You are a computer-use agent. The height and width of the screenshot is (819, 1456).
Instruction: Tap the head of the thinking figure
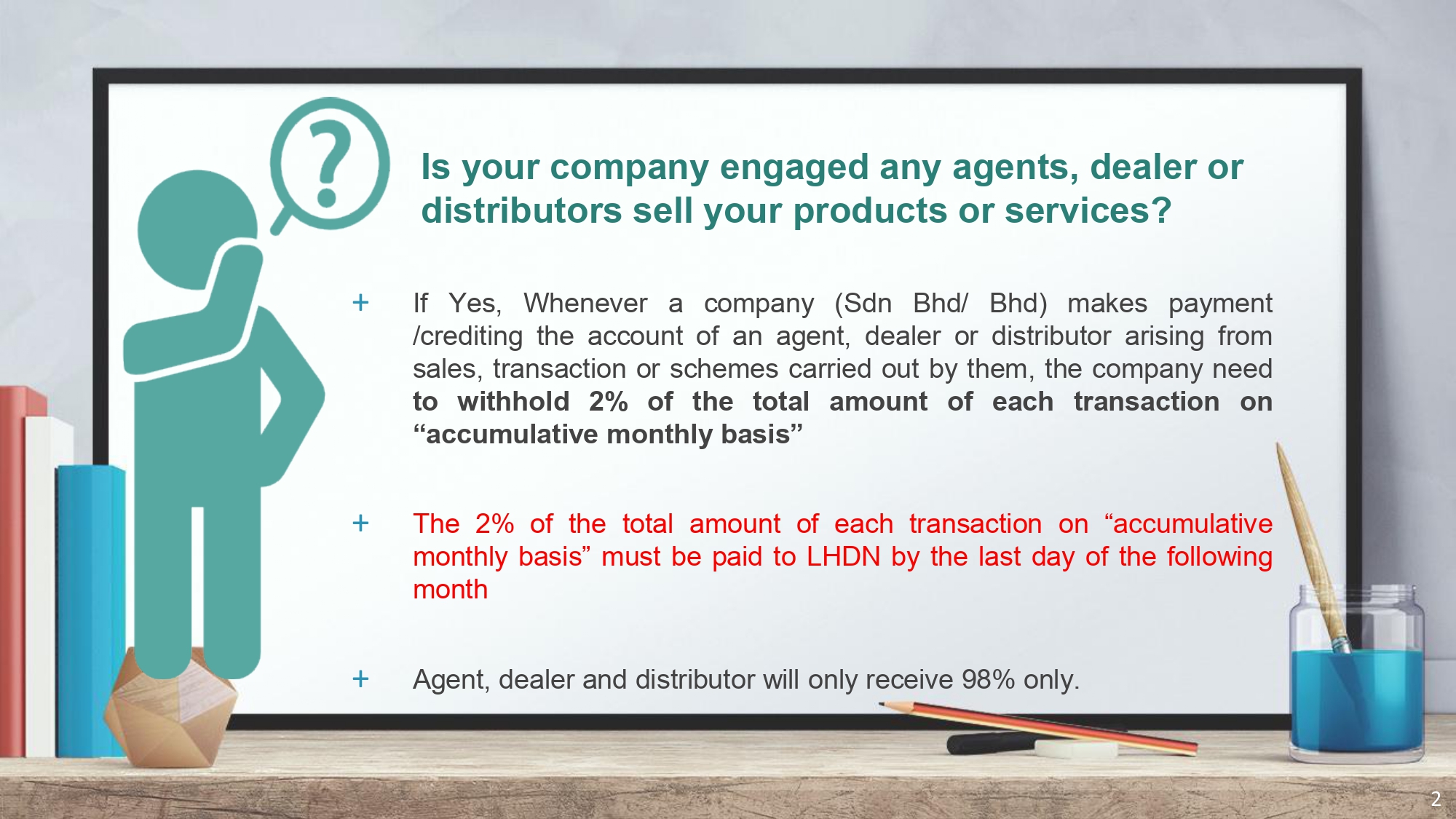(x=197, y=229)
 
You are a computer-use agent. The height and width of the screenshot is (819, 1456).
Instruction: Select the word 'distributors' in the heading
(x=521, y=210)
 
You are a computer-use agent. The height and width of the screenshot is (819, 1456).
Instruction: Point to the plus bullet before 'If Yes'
(x=360, y=302)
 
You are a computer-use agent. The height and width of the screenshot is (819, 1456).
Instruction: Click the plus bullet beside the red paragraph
(x=360, y=523)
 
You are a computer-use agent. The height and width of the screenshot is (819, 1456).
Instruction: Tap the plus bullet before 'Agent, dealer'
(x=360, y=678)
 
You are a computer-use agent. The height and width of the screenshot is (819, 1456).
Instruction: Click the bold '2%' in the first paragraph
(x=608, y=401)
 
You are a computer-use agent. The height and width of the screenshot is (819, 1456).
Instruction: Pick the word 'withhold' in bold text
(x=513, y=401)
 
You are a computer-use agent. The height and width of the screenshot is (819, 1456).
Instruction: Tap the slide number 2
(x=1436, y=799)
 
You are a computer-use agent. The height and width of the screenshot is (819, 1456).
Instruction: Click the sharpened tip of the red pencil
(x=882, y=704)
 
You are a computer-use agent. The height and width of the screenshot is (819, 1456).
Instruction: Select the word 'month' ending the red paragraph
(x=450, y=590)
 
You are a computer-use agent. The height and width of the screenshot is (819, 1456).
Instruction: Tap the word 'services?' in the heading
(x=1088, y=210)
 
